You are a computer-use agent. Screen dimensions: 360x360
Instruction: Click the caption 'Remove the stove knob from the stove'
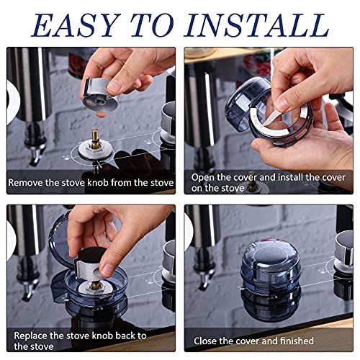point(91,183)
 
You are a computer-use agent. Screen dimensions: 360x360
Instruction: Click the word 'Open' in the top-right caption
point(204,176)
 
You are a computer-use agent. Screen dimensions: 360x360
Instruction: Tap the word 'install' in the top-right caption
point(289,176)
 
